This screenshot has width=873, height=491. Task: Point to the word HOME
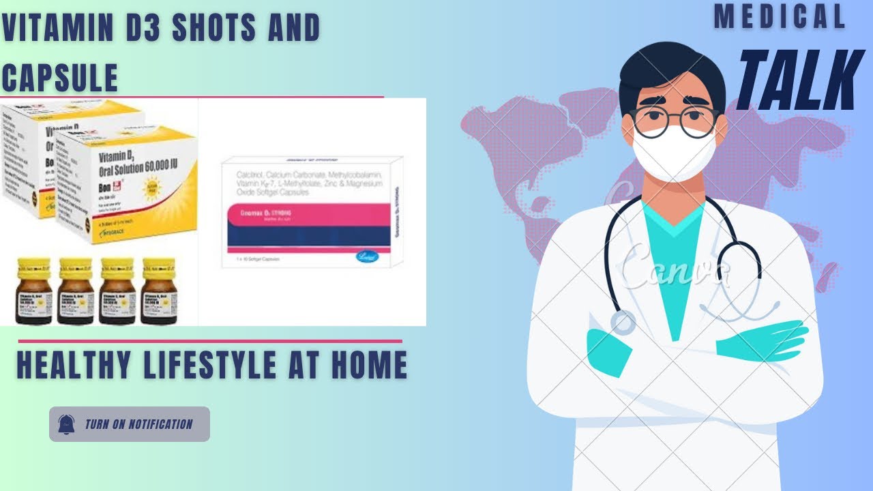coord(369,365)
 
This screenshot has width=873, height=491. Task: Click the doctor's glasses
coord(674,121)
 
